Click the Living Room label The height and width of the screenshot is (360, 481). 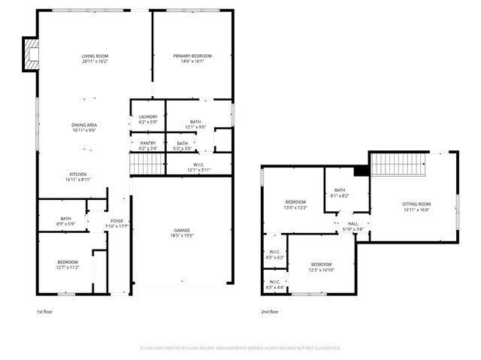95,59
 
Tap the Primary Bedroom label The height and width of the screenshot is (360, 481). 192,59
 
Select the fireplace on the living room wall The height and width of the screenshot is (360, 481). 31,55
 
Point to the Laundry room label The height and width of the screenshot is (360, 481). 147,119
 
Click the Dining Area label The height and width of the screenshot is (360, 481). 83,128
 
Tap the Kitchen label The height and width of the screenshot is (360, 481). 79,177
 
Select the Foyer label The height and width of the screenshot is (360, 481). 117,223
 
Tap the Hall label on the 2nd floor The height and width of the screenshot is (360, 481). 352,226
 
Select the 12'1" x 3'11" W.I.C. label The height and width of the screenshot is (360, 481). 199,168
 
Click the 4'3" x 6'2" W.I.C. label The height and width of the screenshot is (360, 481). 275,255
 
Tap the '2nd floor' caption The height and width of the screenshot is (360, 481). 270,311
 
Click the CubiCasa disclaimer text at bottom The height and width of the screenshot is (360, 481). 240,348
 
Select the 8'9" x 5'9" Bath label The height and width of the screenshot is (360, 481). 66,221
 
